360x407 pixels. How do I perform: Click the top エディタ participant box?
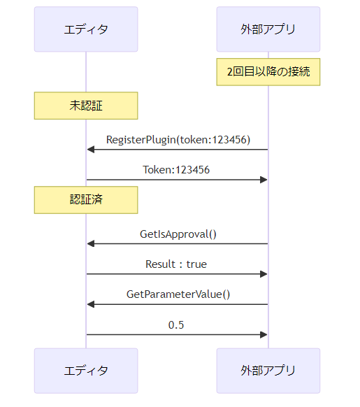86,29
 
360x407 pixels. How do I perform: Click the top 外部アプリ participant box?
268,29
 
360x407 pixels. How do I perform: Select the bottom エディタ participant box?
86,371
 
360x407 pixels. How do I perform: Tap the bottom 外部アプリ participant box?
268,371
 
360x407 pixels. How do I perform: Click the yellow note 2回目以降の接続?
268,72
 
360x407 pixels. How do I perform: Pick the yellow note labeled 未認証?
86,106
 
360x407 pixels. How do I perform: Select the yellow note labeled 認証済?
86,200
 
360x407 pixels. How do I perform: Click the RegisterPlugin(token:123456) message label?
178,140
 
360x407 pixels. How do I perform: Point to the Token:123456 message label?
176,170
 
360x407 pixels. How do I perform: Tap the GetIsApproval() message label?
178,234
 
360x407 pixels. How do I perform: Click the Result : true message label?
176,264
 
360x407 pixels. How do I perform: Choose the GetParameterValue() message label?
178,294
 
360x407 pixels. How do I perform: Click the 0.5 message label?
176,325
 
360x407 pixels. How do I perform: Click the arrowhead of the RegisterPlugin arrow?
91,150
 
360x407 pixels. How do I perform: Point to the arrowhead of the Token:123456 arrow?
264,180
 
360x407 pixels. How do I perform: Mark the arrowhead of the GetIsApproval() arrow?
91,244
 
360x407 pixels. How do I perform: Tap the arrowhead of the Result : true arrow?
264,274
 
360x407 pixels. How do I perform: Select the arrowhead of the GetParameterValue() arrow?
91,304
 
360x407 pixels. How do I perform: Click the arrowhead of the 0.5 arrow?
264,334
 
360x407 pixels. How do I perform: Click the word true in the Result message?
196,264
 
